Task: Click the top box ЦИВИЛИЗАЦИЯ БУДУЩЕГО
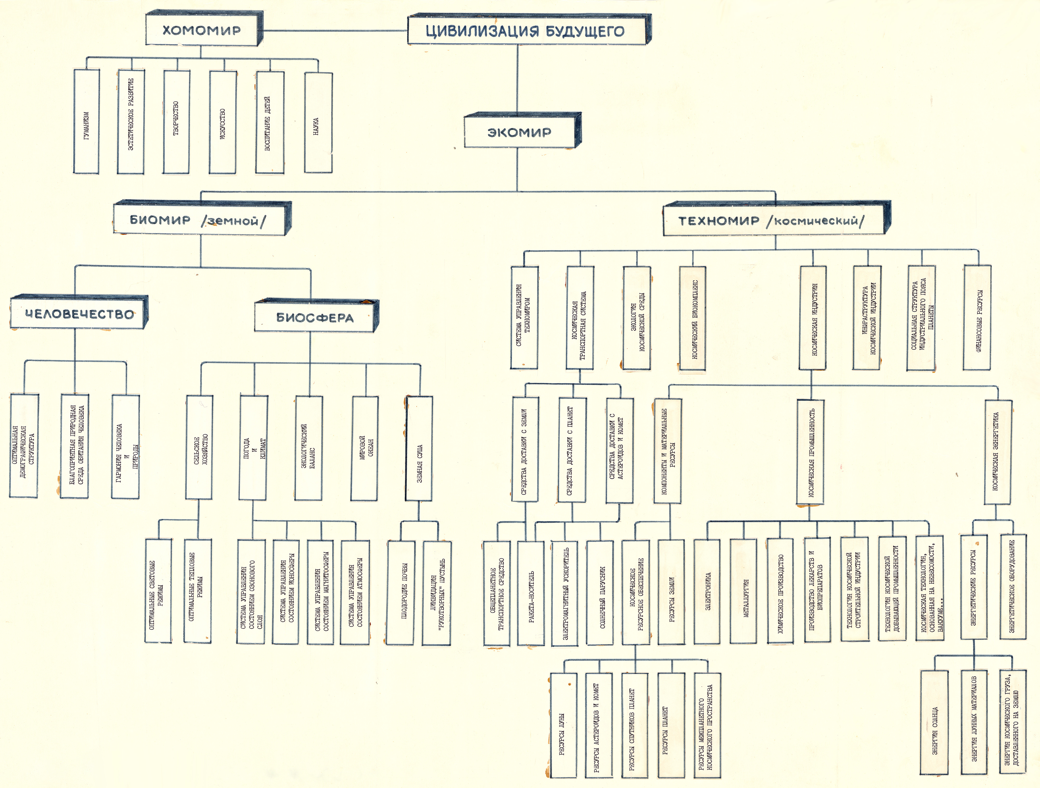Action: coord(529,30)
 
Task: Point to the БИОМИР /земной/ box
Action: coord(202,218)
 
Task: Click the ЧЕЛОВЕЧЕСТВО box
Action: coord(79,312)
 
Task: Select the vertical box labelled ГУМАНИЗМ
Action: coord(87,121)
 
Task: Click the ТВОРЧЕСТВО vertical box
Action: coord(176,121)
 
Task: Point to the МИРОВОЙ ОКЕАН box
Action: coord(365,448)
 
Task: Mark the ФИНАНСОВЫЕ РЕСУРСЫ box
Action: coord(977,317)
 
